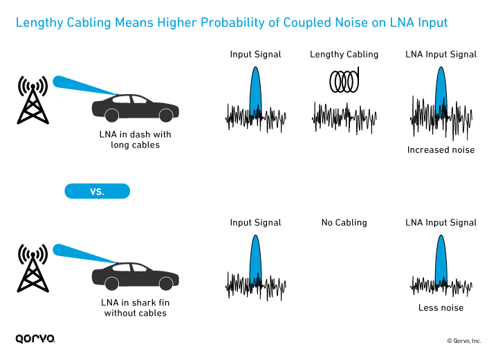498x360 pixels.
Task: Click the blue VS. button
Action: [97, 191]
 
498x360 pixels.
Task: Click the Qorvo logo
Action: [35, 339]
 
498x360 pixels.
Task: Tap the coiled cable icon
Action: [344, 81]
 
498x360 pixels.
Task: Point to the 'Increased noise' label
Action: [441, 150]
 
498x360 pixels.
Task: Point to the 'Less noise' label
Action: [441, 307]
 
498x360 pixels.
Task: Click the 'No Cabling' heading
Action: [344, 223]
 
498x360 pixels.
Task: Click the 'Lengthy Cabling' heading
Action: [344, 54]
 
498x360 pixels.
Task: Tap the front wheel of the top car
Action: [165, 114]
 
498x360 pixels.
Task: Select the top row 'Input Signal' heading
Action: [255, 54]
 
